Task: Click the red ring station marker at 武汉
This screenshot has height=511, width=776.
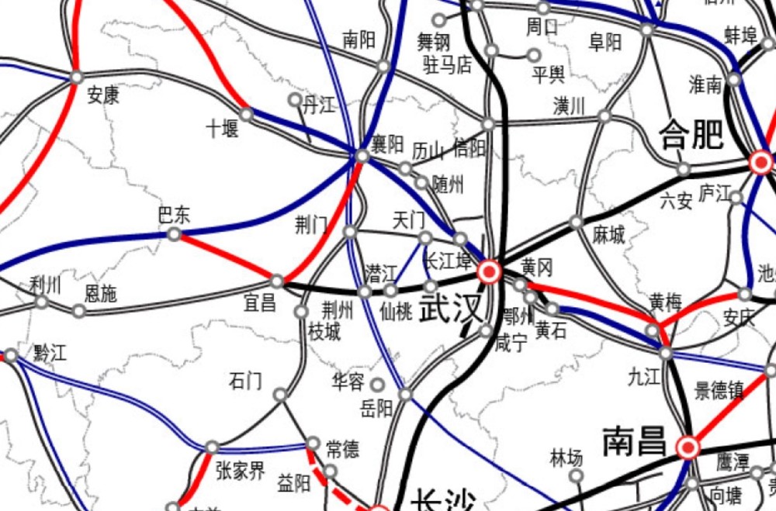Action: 490,271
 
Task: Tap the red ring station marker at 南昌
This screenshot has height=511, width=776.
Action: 688,447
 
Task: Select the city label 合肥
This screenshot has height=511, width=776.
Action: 691,135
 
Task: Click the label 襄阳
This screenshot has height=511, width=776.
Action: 387,143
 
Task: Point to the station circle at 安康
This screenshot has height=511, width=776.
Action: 76,77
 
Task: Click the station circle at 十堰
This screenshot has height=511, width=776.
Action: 246,115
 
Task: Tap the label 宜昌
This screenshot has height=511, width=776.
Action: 260,302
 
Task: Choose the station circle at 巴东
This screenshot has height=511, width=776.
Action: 175,233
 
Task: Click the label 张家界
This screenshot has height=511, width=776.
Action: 240,470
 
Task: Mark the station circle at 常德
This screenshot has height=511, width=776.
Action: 313,444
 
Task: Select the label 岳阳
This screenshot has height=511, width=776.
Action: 377,409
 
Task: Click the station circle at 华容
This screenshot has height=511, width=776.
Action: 377,384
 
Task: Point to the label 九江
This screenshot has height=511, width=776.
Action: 643,378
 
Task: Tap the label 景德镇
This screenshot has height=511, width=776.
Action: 719,390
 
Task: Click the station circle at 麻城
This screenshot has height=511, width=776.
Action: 576,222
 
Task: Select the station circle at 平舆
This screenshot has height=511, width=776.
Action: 533,55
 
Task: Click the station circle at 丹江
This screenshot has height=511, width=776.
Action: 294,100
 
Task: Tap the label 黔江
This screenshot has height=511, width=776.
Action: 50,354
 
